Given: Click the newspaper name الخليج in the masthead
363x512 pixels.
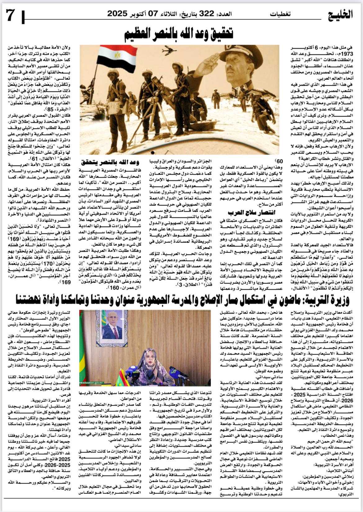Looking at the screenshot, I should tap(341, 14).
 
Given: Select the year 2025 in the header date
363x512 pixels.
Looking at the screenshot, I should tap(118, 14).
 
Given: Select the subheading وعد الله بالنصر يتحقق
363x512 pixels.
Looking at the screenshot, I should tap(110, 162).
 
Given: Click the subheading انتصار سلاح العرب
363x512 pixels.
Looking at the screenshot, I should tap(251, 213).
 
